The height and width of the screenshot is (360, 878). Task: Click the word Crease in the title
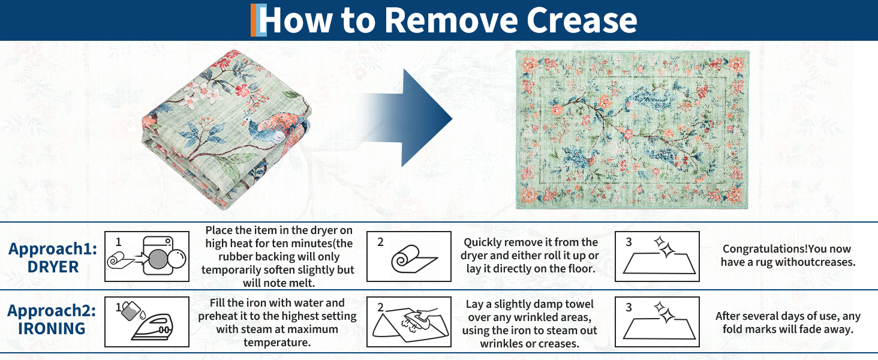[582, 20]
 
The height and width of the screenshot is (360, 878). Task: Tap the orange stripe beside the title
[253, 20]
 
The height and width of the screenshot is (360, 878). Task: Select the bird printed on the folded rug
[275, 127]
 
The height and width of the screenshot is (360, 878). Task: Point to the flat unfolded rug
[632, 130]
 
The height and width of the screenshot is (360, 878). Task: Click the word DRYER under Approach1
[53, 267]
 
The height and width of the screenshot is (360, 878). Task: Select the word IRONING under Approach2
[52, 329]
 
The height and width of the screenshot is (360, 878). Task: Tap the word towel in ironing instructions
[579, 304]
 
